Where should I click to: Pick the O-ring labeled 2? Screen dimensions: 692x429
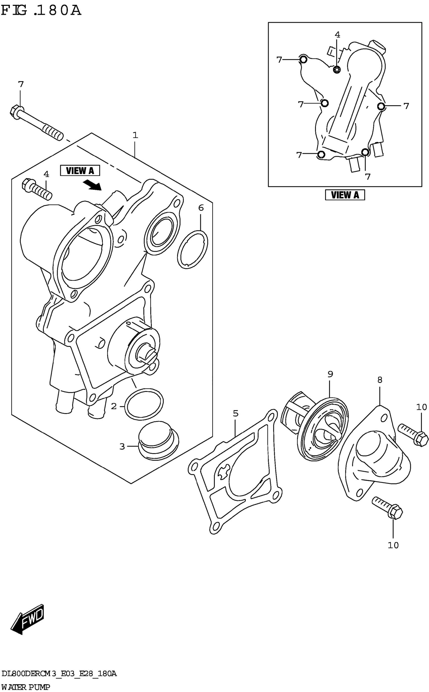pyautogui.click(x=144, y=404)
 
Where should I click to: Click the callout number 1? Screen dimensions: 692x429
pyautogui.click(x=135, y=135)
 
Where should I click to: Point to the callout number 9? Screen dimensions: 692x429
pyautogui.click(x=330, y=374)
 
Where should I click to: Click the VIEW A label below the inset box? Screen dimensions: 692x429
pyautogui.click(x=345, y=195)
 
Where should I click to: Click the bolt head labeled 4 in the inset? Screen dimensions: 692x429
pyautogui.click(x=337, y=69)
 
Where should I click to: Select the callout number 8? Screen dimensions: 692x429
pyautogui.click(x=380, y=379)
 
